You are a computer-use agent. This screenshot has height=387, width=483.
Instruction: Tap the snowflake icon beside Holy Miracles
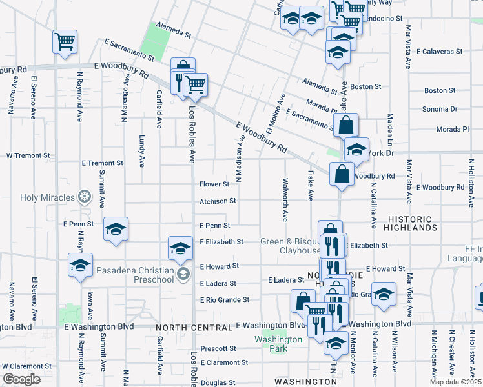point(84,196)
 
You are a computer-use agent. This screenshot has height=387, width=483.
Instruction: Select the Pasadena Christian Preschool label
point(136,274)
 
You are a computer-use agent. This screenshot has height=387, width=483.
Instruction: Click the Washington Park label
point(278,344)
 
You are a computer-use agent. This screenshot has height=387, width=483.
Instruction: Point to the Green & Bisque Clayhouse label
point(291,246)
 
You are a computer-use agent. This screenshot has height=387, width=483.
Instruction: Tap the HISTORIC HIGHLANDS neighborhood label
point(420,223)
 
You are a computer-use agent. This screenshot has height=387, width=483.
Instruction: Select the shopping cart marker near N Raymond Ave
point(65,43)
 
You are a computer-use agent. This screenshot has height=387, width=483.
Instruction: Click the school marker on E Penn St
point(116,229)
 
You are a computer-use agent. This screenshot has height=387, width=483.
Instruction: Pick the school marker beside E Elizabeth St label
point(180,248)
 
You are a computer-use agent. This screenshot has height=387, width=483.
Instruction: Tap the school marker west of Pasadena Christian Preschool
point(80,266)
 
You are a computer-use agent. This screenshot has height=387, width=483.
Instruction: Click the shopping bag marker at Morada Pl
point(346,126)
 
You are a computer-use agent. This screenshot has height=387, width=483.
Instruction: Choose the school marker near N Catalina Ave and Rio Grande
point(384,295)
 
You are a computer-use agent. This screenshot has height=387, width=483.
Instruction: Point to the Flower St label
point(214,184)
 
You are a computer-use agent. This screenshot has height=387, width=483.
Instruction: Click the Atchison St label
point(213,201)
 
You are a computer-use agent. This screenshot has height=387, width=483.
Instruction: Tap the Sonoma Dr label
point(440,109)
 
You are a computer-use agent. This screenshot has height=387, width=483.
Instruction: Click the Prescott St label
point(218,348)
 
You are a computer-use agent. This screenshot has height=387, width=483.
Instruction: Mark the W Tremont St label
point(28,155)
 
